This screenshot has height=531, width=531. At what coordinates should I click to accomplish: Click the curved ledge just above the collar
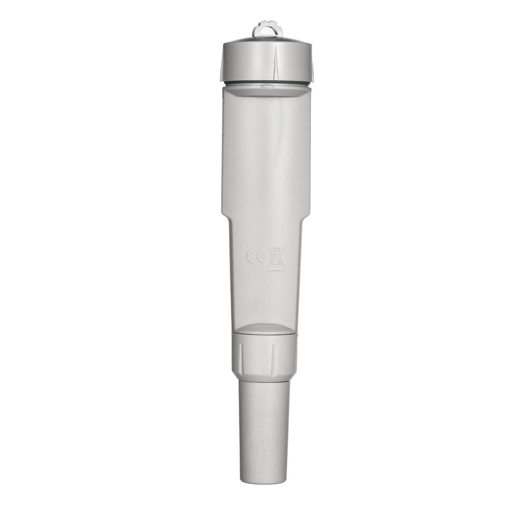point(264,329)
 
